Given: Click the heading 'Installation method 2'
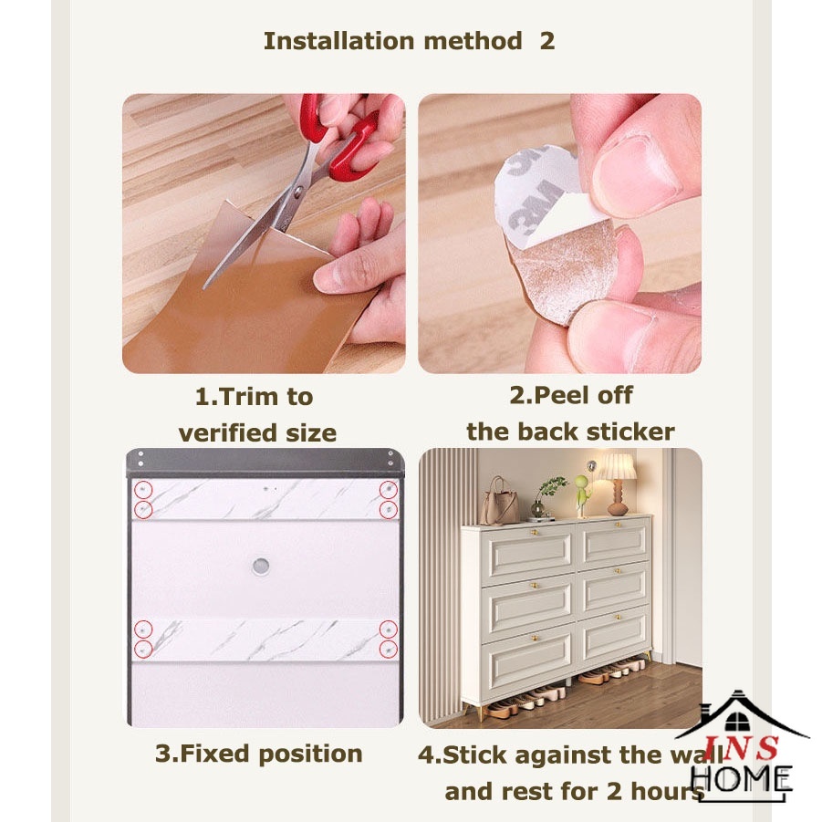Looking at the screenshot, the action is tap(409, 41).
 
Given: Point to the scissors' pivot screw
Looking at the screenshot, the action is tap(298, 191).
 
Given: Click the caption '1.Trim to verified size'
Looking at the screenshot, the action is tap(257, 415).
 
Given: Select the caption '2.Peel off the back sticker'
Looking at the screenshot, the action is tap(570, 413).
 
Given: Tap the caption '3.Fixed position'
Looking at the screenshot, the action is tap(258, 754).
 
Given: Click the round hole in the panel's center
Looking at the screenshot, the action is tap(261, 567).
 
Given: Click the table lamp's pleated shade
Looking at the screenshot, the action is tap(617, 466).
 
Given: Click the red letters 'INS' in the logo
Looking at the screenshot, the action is tap(742, 747).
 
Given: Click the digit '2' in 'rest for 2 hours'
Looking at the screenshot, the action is tap(614, 791).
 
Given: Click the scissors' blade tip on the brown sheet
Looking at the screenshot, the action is tap(205, 287).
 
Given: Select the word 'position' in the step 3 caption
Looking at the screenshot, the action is tap(310, 754).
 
